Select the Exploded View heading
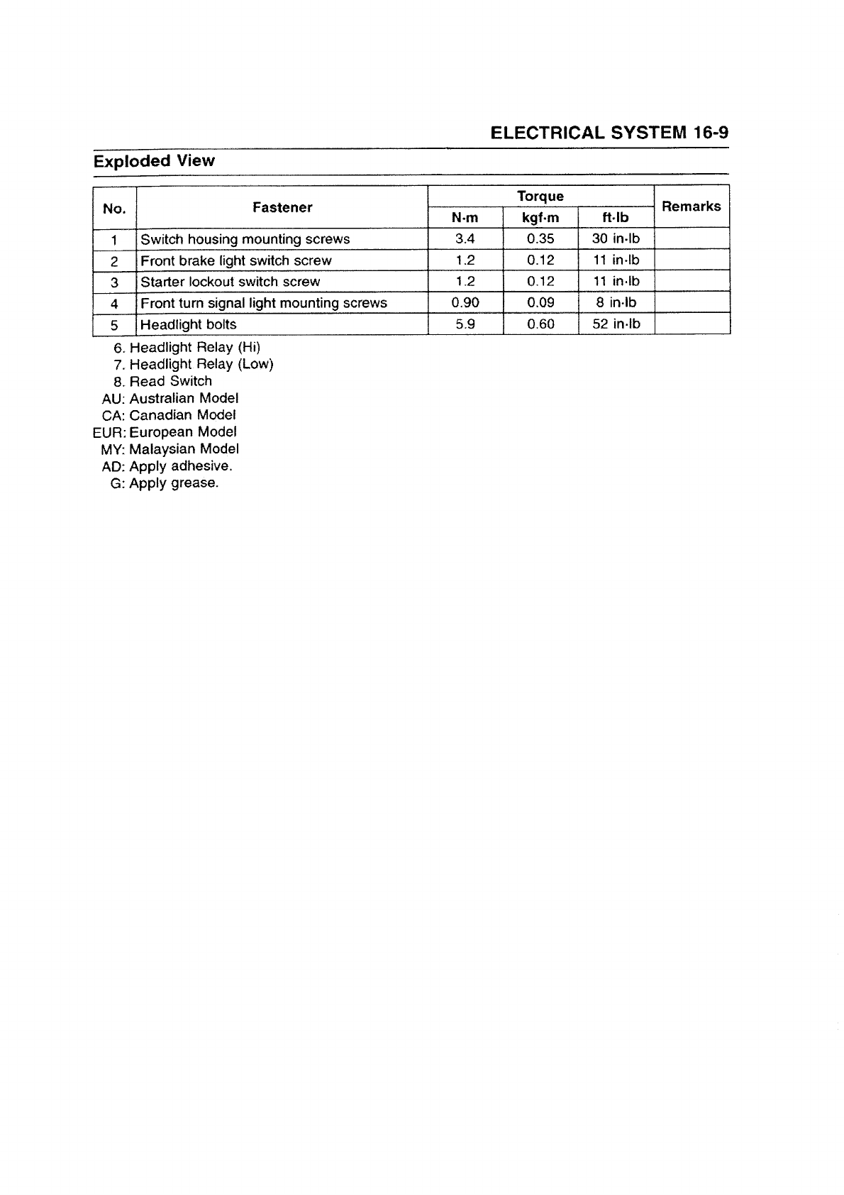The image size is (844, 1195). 154,160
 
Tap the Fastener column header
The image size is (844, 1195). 282,207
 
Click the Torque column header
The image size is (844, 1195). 540,196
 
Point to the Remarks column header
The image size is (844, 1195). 691,206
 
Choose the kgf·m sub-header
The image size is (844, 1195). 540,218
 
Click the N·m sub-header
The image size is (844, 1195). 465,218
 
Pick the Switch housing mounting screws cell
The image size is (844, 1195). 245,239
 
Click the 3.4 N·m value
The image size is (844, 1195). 465,239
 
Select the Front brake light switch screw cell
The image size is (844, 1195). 236,260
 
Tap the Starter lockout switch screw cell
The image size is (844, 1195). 231,282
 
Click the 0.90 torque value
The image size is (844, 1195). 465,303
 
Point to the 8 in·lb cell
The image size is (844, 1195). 616,303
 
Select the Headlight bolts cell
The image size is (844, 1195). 189,324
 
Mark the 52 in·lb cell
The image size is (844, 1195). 616,324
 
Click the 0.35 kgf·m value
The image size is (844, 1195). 540,239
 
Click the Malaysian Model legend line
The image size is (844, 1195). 170,449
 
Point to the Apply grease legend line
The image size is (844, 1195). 165,483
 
